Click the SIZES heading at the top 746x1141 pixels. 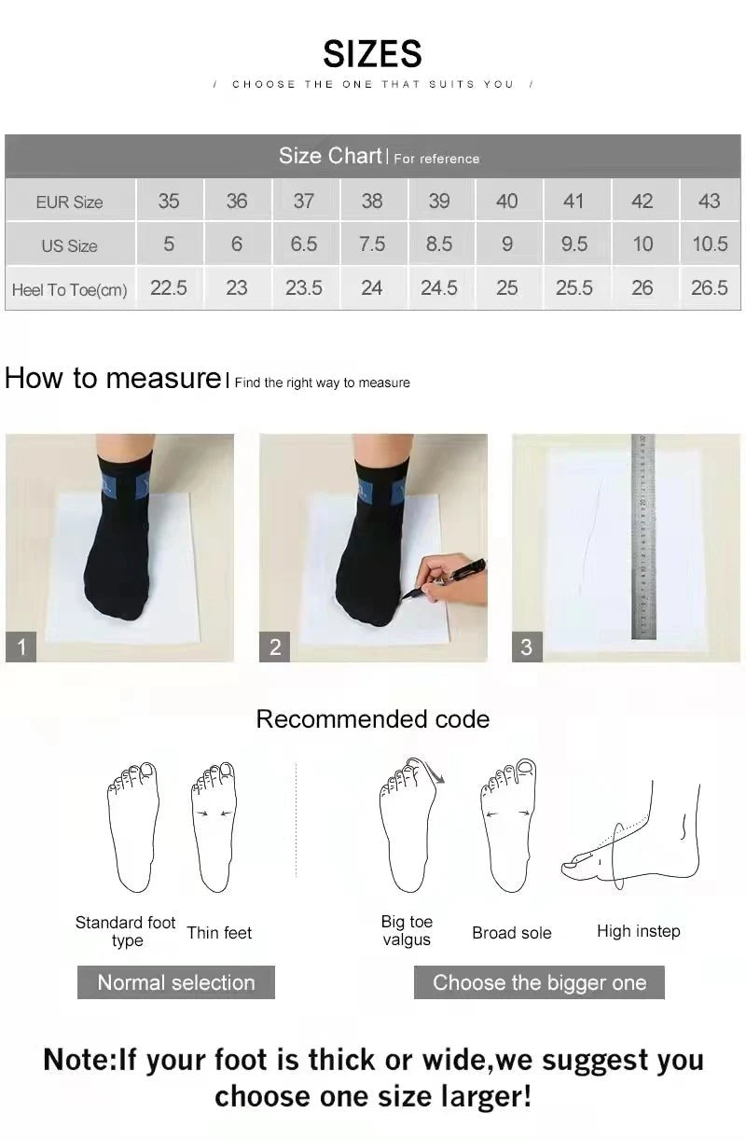[372, 54]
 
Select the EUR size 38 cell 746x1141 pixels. [371, 201]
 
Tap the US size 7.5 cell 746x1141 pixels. [371, 244]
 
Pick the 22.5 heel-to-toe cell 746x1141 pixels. [169, 288]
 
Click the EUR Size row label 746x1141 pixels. [69, 202]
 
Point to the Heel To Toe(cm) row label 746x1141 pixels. [69, 289]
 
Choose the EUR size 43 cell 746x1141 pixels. [709, 201]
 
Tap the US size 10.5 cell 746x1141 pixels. [709, 244]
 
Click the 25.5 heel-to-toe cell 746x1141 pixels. [573, 288]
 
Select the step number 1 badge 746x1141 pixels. [21, 647]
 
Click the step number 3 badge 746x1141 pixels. [527, 647]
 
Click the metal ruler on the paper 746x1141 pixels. [642, 536]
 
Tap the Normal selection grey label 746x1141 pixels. [175, 982]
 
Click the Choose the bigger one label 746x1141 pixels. [539, 982]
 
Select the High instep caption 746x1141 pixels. [638, 931]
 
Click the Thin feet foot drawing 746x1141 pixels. [214, 827]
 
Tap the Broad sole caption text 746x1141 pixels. [511, 933]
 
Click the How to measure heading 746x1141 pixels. [112, 378]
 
